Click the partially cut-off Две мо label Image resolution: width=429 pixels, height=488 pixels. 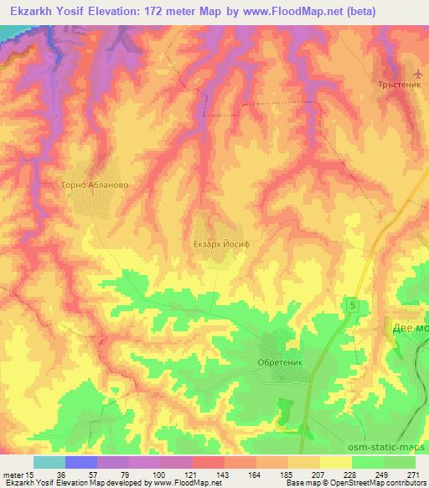click(410, 329)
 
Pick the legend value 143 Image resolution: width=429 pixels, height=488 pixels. click(223, 474)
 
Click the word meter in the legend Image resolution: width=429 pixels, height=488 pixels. click(12, 474)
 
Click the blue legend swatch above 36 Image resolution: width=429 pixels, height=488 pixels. click(81, 462)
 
